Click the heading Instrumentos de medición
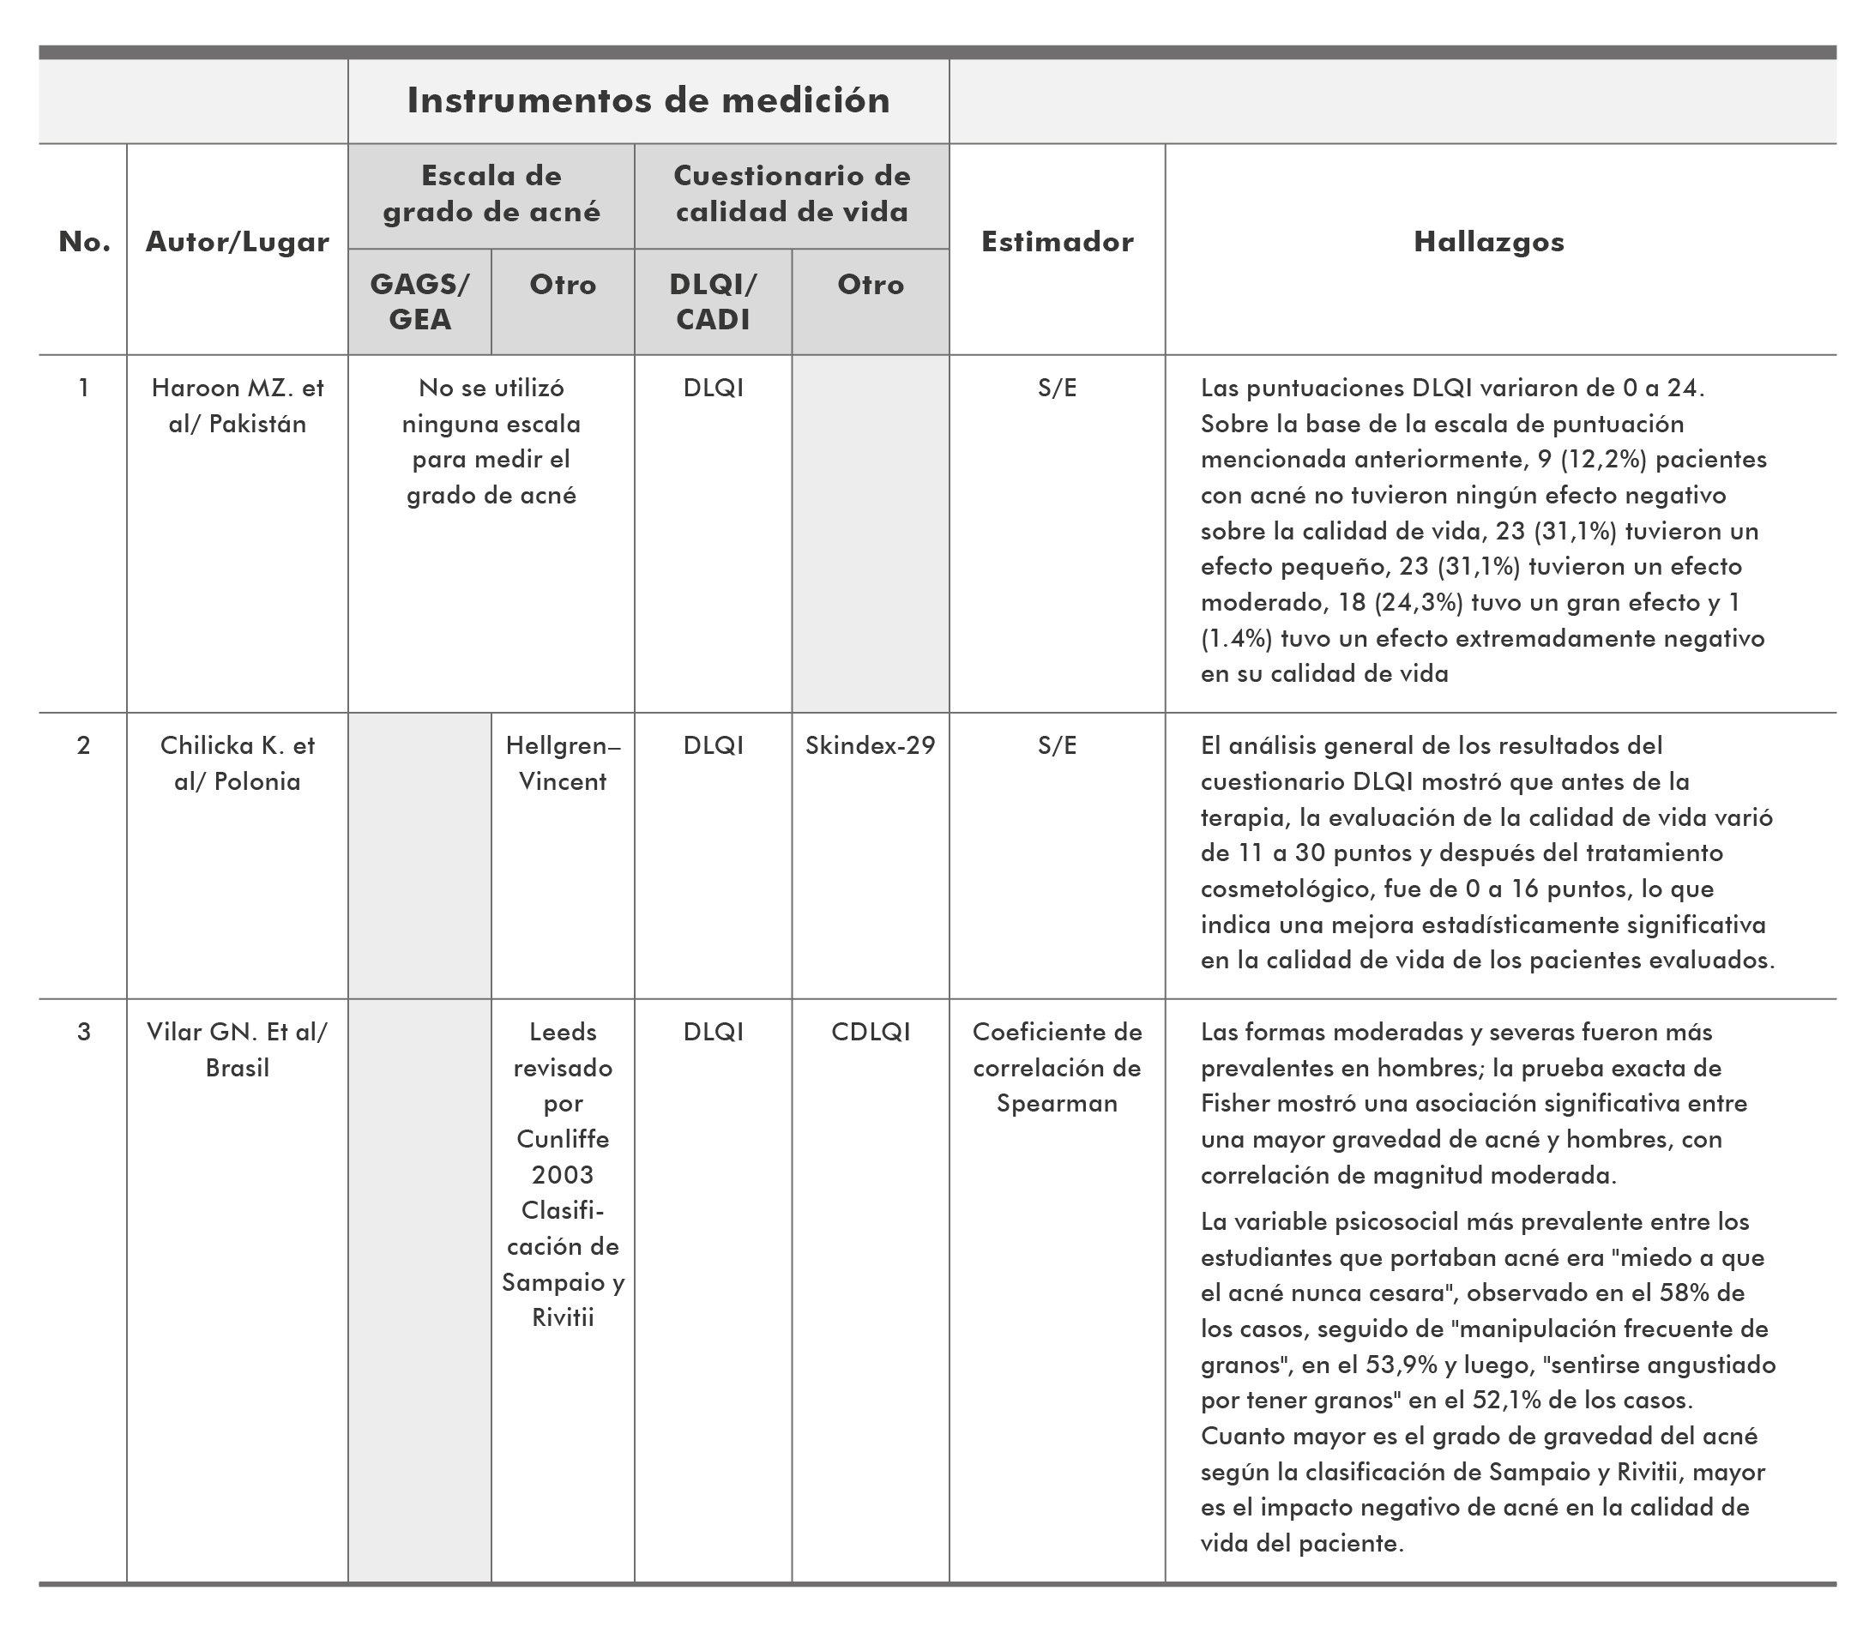coord(648,100)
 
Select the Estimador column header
coord(1057,241)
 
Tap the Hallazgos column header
coord(1488,241)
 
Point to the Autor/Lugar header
coord(237,241)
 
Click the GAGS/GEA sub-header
coord(419,301)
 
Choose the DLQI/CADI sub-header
coord(713,301)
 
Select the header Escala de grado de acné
coord(491,194)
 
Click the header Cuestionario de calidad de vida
coord(792,194)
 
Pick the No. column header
coord(83,241)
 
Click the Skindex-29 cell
coord(870,745)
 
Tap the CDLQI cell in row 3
coord(870,1031)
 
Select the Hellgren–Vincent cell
coord(563,762)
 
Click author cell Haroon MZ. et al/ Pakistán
coord(237,406)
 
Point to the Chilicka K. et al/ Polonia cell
coord(237,762)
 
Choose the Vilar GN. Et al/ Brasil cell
coord(237,1049)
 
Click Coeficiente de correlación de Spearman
coord(1057,1067)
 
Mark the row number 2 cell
coord(83,745)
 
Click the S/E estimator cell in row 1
coord(1057,388)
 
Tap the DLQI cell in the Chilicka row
coord(713,745)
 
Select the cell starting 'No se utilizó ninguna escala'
coord(491,442)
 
